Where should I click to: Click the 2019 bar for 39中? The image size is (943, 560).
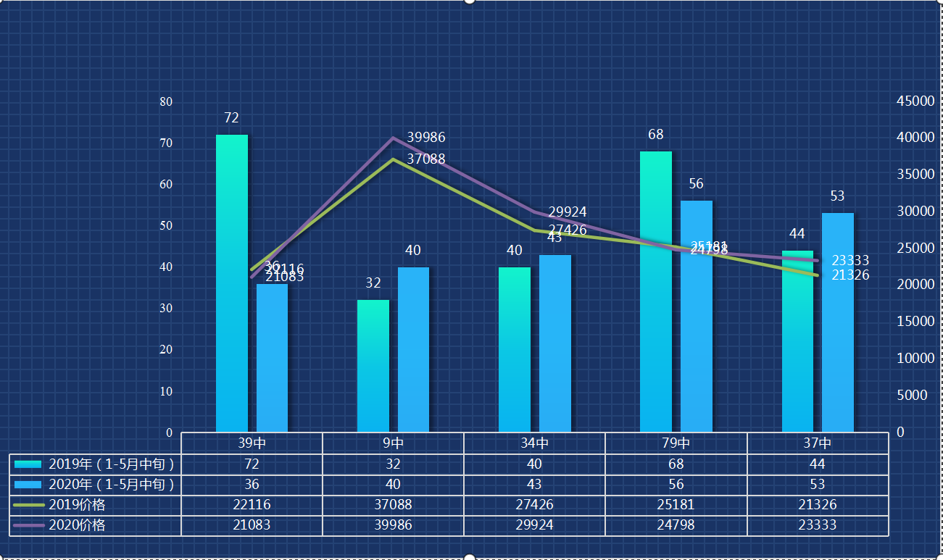231,283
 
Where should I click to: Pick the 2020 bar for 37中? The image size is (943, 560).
837,322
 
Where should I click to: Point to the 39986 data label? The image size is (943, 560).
425,138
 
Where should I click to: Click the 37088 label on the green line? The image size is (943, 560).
425,159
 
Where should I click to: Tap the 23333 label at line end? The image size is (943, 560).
850,261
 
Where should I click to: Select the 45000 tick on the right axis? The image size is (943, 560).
915,101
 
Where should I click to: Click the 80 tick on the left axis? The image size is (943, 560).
166,101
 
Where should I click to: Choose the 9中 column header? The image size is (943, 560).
393,443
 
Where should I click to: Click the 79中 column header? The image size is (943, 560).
676,443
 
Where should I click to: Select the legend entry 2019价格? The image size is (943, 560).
76,505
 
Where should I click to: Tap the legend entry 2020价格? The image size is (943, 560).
76,525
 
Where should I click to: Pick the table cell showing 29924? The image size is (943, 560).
534,525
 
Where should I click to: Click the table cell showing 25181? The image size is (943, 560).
676,505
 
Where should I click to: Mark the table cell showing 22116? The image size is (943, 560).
252,505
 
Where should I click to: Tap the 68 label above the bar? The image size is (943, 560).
655,135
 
